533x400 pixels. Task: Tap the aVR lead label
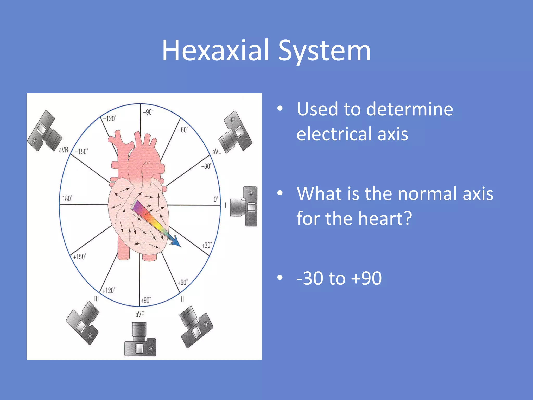(64, 150)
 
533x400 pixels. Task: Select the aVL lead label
(217, 152)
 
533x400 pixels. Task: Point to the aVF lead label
(139, 315)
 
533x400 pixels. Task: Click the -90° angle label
(148, 112)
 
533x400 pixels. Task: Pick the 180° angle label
(67, 198)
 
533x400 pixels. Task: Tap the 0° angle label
(216, 199)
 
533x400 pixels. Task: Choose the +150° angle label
(79, 257)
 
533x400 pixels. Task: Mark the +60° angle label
(182, 283)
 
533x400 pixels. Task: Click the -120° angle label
(109, 119)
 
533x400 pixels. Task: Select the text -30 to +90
(339, 278)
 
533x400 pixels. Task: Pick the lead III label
(97, 299)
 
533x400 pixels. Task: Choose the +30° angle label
(207, 245)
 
